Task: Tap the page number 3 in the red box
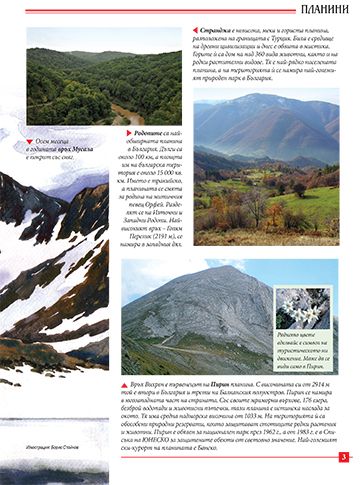coord(343,458)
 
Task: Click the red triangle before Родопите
coord(127,133)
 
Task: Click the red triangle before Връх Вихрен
coord(125,383)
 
